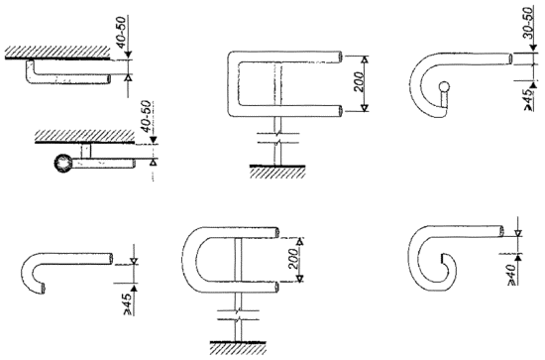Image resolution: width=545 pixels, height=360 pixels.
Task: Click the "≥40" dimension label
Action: pyautogui.click(x=512, y=275)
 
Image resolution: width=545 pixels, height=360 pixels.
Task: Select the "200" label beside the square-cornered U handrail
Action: pyautogui.click(x=360, y=81)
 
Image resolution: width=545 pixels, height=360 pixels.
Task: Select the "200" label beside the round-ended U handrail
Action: pyautogui.click(x=293, y=258)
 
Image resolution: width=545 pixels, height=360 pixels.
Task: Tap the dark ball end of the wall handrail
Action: pyautogui.click(x=63, y=163)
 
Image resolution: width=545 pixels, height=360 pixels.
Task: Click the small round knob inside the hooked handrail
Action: pyautogui.click(x=444, y=86)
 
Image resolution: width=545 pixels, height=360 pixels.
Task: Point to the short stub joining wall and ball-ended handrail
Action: pyautogui.click(x=85, y=152)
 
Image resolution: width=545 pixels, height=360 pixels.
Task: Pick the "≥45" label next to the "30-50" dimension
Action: pyautogui.click(x=528, y=100)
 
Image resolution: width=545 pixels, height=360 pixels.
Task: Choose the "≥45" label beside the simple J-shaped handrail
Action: pyautogui.click(x=128, y=303)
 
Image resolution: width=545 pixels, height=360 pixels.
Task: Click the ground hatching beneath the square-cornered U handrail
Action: pyautogui.click(x=277, y=172)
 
